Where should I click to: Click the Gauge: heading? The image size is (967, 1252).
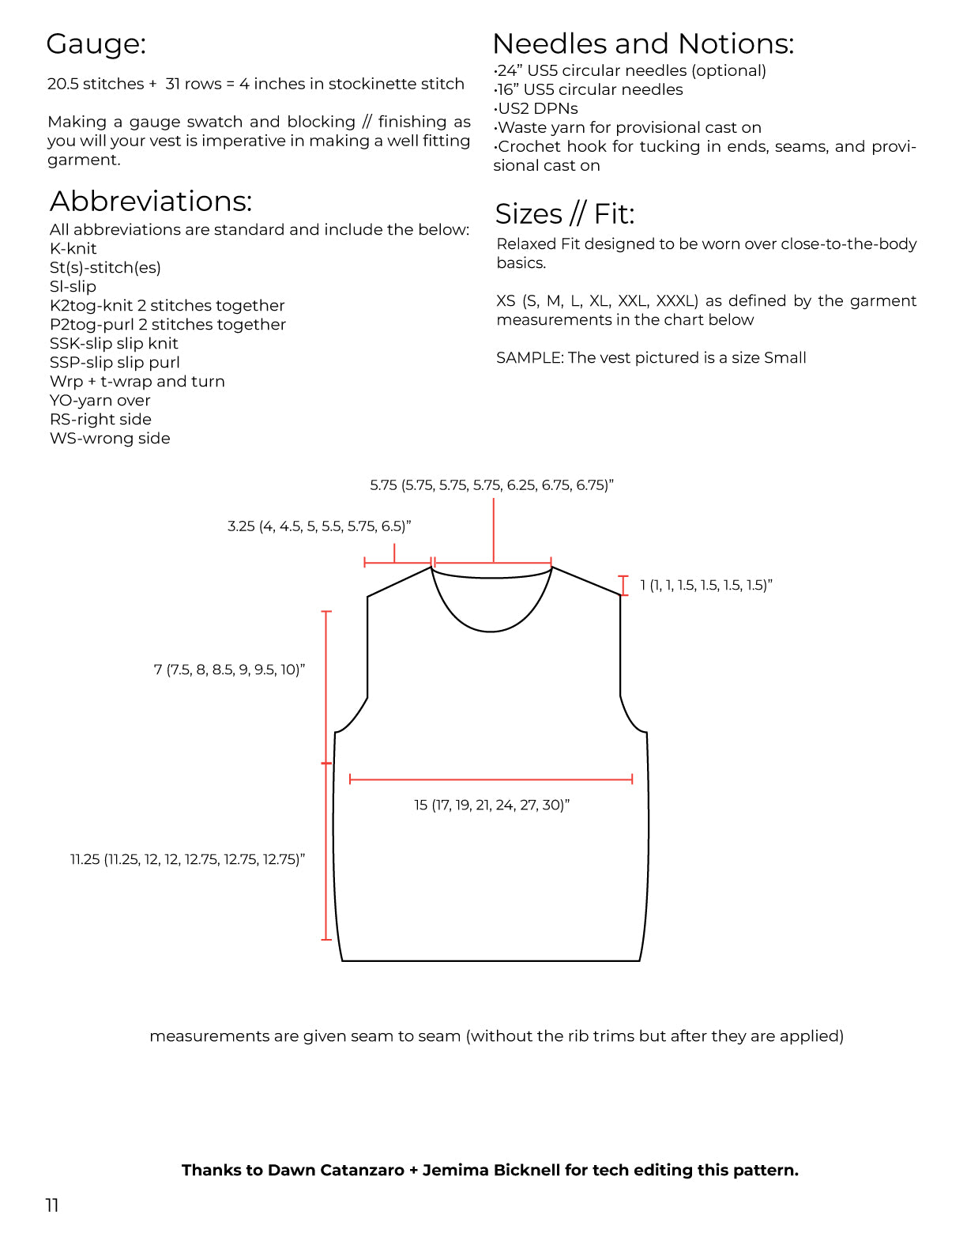[x=96, y=44]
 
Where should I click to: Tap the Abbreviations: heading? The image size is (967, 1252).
[x=151, y=202]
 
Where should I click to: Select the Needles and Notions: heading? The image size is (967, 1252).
[x=642, y=43]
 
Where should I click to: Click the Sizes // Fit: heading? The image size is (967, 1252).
[x=564, y=214]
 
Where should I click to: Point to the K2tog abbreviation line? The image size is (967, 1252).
[x=167, y=306]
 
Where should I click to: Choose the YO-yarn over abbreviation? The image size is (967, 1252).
[x=100, y=401]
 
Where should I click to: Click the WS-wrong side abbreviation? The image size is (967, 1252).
[x=110, y=439]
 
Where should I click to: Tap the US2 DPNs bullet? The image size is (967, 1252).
[x=536, y=109]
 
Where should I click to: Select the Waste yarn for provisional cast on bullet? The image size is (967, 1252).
[x=628, y=128]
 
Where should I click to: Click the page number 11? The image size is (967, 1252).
[x=52, y=1205]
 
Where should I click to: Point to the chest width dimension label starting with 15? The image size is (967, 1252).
[x=491, y=805]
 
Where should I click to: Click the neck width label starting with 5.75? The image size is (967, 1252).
[x=491, y=485]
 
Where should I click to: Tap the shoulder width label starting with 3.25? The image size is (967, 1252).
[x=319, y=526]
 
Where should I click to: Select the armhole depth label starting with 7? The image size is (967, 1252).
[x=229, y=670]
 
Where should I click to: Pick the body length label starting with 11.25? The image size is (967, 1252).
[x=187, y=860]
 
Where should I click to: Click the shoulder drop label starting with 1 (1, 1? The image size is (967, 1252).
[x=705, y=586]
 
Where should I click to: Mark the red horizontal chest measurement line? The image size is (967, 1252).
[x=491, y=779]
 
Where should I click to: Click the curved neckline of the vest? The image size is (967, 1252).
[x=491, y=630]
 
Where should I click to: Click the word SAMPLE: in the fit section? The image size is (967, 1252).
[x=529, y=358]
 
